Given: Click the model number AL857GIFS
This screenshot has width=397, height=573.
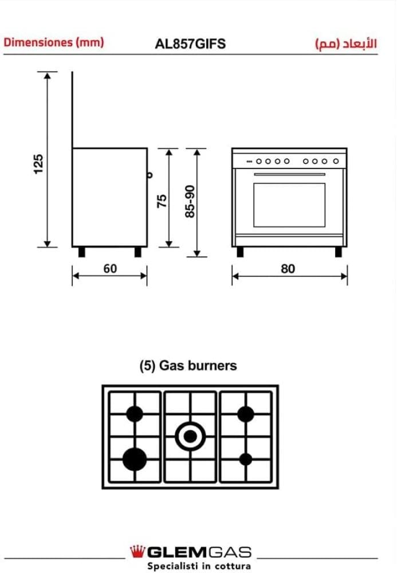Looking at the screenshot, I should tap(190, 44).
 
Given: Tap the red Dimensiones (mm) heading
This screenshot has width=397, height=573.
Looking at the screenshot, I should tap(54, 42).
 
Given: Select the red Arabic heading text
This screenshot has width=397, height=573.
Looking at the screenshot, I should tap(345, 44).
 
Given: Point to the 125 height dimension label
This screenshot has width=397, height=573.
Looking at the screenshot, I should tap(38, 163).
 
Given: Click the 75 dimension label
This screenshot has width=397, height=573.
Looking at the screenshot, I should tap(162, 200).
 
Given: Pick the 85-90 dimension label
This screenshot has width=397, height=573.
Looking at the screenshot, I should tap(190, 201).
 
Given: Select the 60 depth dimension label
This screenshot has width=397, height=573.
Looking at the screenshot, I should tap(110, 268).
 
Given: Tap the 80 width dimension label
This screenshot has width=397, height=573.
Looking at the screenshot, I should tap(288, 268).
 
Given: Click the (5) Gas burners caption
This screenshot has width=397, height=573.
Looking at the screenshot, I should tap(188, 366).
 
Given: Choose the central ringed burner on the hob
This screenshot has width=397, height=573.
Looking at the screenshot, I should tap(190, 437).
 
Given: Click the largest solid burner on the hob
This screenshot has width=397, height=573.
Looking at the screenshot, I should tap(135, 458).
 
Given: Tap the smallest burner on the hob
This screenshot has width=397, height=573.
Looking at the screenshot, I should tap(246, 458).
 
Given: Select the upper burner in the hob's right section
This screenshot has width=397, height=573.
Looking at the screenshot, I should tap(246, 414).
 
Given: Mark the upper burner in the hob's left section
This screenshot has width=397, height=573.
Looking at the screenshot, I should tap(135, 414).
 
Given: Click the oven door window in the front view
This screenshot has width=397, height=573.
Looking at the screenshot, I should tap(289, 205).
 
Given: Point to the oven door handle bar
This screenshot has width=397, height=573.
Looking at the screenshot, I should tap(289, 175).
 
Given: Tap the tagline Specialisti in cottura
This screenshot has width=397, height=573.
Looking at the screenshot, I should tap(199, 566).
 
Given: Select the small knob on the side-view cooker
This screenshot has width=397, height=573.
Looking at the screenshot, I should tap(150, 175).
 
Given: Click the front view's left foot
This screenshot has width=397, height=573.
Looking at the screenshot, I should tap(239, 252).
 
